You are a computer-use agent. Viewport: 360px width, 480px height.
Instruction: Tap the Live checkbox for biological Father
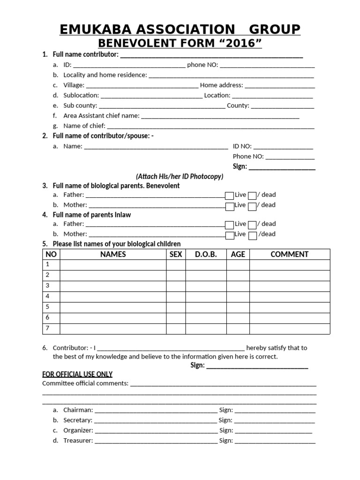click(229, 195)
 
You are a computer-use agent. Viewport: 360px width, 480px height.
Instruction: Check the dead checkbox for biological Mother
click(252, 206)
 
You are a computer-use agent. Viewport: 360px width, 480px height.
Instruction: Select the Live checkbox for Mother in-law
click(229, 235)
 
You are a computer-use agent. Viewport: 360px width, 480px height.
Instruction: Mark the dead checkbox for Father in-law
click(252, 225)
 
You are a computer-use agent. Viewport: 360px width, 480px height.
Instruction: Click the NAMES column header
click(113, 255)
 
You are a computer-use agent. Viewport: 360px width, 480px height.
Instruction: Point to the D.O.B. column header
click(206, 255)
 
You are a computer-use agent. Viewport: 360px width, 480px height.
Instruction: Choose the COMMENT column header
click(289, 255)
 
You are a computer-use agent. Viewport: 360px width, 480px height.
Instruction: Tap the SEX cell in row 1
click(176, 265)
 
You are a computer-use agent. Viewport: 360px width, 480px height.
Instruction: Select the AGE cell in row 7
click(238, 329)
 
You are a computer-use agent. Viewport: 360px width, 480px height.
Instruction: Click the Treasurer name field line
click(156, 442)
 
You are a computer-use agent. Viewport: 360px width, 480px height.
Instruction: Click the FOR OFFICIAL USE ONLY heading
click(77, 374)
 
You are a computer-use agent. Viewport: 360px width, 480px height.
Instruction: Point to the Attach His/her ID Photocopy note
click(180, 177)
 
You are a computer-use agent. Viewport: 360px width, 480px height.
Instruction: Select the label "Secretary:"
click(78, 420)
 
